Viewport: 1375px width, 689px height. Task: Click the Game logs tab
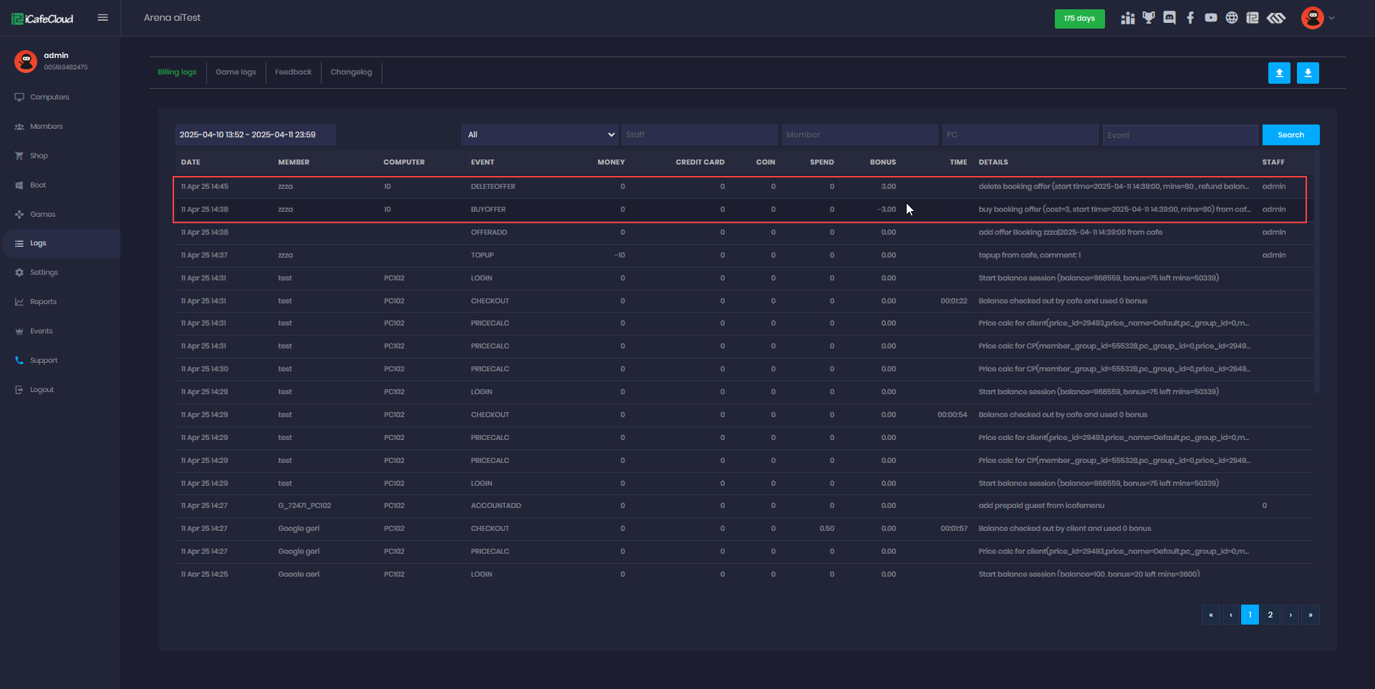pyautogui.click(x=236, y=72)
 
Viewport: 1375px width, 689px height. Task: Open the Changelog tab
pyautogui.click(x=351, y=72)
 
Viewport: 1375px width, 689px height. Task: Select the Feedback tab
pyautogui.click(x=293, y=72)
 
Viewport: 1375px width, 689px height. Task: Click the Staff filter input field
pyautogui.click(x=699, y=135)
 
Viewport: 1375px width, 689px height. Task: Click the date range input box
pyautogui.click(x=255, y=135)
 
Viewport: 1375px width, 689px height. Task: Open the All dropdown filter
pyautogui.click(x=539, y=135)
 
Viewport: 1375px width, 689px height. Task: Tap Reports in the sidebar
pyautogui.click(x=43, y=302)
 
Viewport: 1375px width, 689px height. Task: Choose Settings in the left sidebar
pyautogui.click(x=44, y=273)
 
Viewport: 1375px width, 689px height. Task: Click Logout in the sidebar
pyautogui.click(x=42, y=390)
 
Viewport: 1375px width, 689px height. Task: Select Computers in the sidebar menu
pyautogui.click(x=49, y=97)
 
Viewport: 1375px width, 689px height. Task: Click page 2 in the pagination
pyautogui.click(x=1270, y=615)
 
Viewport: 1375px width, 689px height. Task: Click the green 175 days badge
pyautogui.click(x=1079, y=19)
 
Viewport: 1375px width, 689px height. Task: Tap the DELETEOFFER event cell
pyautogui.click(x=493, y=187)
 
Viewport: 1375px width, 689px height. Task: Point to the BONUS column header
pyautogui.click(x=882, y=162)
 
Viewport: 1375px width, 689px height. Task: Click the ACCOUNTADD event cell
pyautogui.click(x=496, y=506)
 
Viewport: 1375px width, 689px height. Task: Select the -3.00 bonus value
pyautogui.click(x=887, y=210)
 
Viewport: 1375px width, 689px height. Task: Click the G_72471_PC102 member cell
pyautogui.click(x=304, y=506)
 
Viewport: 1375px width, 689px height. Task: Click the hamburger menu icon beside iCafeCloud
pyautogui.click(x=103, y=18)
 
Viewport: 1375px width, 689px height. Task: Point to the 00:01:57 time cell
pyautogui.click(x=953, y=529)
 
